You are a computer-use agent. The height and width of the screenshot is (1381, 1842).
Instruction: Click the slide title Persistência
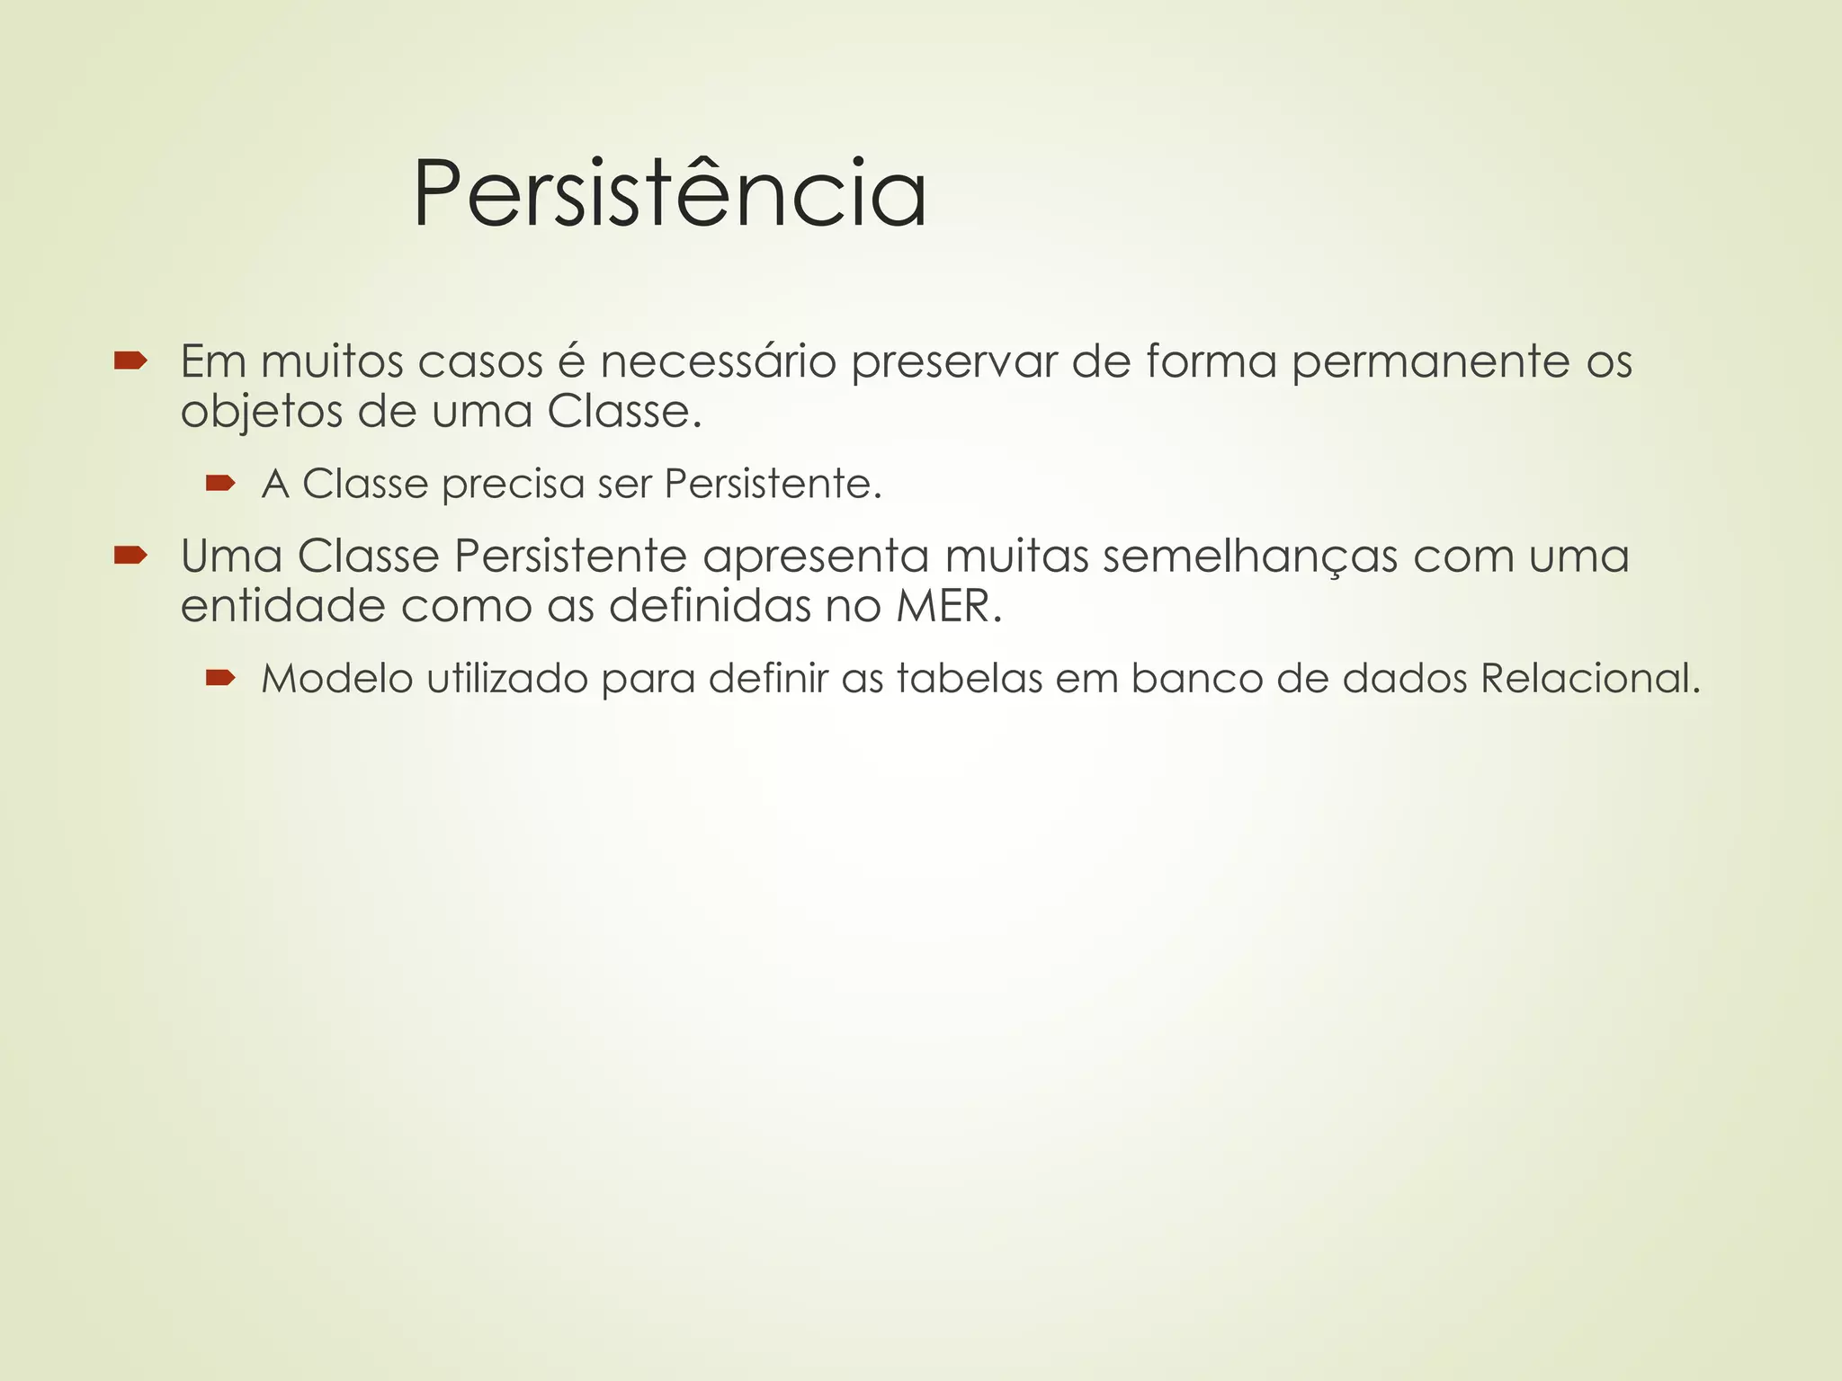pos(669,193)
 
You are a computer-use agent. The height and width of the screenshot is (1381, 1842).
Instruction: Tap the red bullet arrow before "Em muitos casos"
pos(130,361)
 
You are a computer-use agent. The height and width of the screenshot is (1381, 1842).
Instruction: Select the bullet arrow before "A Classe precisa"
pos(219,485)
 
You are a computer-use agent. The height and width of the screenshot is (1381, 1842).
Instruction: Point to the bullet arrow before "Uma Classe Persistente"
pos(130,557)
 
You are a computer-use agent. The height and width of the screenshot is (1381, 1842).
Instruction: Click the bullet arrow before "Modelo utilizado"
pos(219,678)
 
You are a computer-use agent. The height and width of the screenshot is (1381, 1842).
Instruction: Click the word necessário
pos(719,361)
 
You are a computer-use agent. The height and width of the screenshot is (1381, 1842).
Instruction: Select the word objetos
pos(261,414)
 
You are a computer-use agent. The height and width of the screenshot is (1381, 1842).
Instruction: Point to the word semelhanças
pos(1249,557)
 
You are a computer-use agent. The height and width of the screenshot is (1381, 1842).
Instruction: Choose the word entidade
pos(282,606)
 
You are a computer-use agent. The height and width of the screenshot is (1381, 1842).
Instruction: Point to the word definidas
pos(710,606)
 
